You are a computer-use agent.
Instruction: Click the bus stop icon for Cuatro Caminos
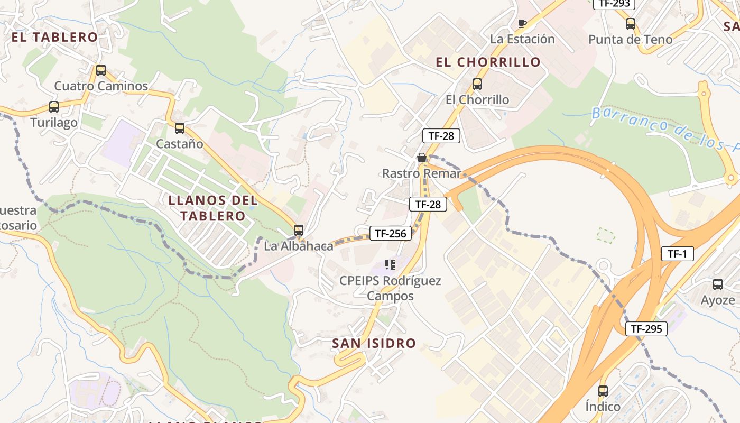100,70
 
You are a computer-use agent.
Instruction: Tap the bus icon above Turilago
53,107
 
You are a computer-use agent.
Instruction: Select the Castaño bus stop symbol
179,128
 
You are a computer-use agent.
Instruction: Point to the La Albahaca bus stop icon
299,230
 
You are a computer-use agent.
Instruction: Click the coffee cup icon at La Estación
522,23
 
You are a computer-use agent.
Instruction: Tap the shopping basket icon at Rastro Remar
421,158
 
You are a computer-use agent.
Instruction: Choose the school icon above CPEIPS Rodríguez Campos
390,264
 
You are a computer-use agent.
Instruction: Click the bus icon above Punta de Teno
630,24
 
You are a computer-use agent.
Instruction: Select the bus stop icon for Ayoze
717,284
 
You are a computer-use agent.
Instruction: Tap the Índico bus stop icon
603,391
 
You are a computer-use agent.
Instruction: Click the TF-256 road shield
390,233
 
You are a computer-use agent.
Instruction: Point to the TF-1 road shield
677,254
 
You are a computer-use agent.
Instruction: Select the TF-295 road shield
646,329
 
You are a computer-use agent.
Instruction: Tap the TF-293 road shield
614,4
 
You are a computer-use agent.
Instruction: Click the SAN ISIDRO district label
374,343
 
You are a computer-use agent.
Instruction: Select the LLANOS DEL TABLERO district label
213,208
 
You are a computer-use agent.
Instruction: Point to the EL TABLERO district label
54,37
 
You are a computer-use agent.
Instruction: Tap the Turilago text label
54,123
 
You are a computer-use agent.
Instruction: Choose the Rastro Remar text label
421,173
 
